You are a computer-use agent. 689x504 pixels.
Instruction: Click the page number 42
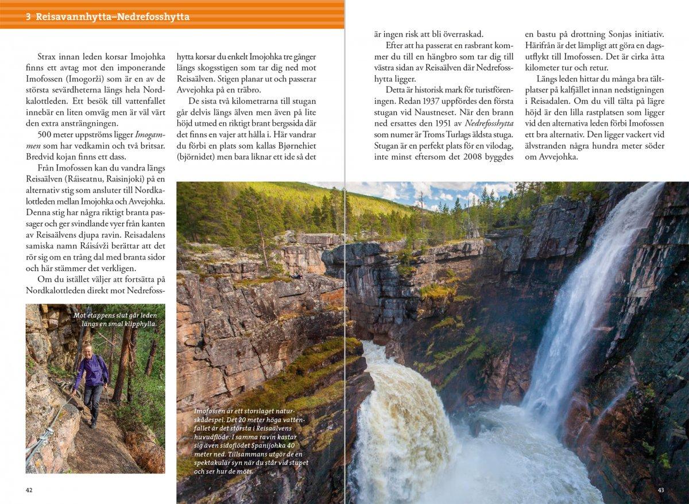pos(29,490)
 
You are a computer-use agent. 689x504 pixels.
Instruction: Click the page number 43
pos(660,490)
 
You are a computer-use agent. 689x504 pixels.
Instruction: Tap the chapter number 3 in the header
pos(28,17)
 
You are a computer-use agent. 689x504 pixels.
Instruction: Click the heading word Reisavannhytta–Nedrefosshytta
pos(113,17)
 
